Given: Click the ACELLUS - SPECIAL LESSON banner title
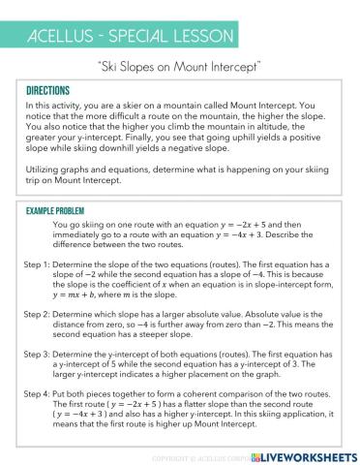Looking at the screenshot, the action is (x=127, y=37).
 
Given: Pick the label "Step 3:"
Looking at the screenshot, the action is (x=38, y=355).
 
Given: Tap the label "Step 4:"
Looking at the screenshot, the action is (x=38, y=394).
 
